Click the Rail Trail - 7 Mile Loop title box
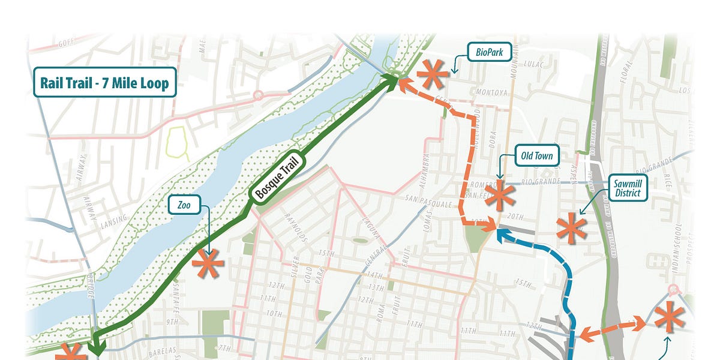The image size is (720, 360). (x=105, y=82)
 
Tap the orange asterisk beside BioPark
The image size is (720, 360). (x=433, y=74)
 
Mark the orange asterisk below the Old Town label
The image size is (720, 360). (x=500, y=196)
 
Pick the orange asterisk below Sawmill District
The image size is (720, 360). (x=571, y=229)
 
